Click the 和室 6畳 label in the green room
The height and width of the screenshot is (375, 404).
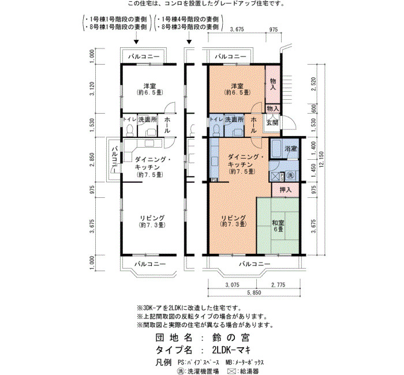pyautogui.click(x=278, y=226)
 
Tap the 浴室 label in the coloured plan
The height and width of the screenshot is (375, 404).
pyautogui.click(x=291, y=149)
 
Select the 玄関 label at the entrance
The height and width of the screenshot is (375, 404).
pyautogui.click(x=272, y=122)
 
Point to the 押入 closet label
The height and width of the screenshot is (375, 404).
pyautogui.click(x=286, y=190)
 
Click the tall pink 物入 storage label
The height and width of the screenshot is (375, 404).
pyautogui.click(x=273, y=84)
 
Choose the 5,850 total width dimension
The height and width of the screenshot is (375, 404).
pyautogui.click(x=254, y=292)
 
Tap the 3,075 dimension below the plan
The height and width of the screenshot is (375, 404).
pyautogui.click(x=232, y=285)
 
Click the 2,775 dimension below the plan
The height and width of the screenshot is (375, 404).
pyautogui.click(x=278, y=285)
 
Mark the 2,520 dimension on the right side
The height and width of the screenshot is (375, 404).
pyautogui.click(x=313, y=84)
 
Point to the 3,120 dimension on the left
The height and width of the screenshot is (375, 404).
pyautogui.click(x=92, y=89)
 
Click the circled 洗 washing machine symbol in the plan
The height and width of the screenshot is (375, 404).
pyautogui.click(x=290, y=176)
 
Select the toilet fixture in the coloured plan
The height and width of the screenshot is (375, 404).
pyautogui.click(x=216, y=130)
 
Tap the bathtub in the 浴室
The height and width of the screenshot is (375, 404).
pyautogui.click(x=276, y=148)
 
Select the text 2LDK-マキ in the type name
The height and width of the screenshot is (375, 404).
pyautogui.click(x=231, y=350)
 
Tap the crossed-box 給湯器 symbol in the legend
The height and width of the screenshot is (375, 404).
pyautogui.click(x=232, y=371)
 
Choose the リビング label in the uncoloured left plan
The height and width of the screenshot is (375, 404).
pyautogui.click(x=152, y=218)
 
